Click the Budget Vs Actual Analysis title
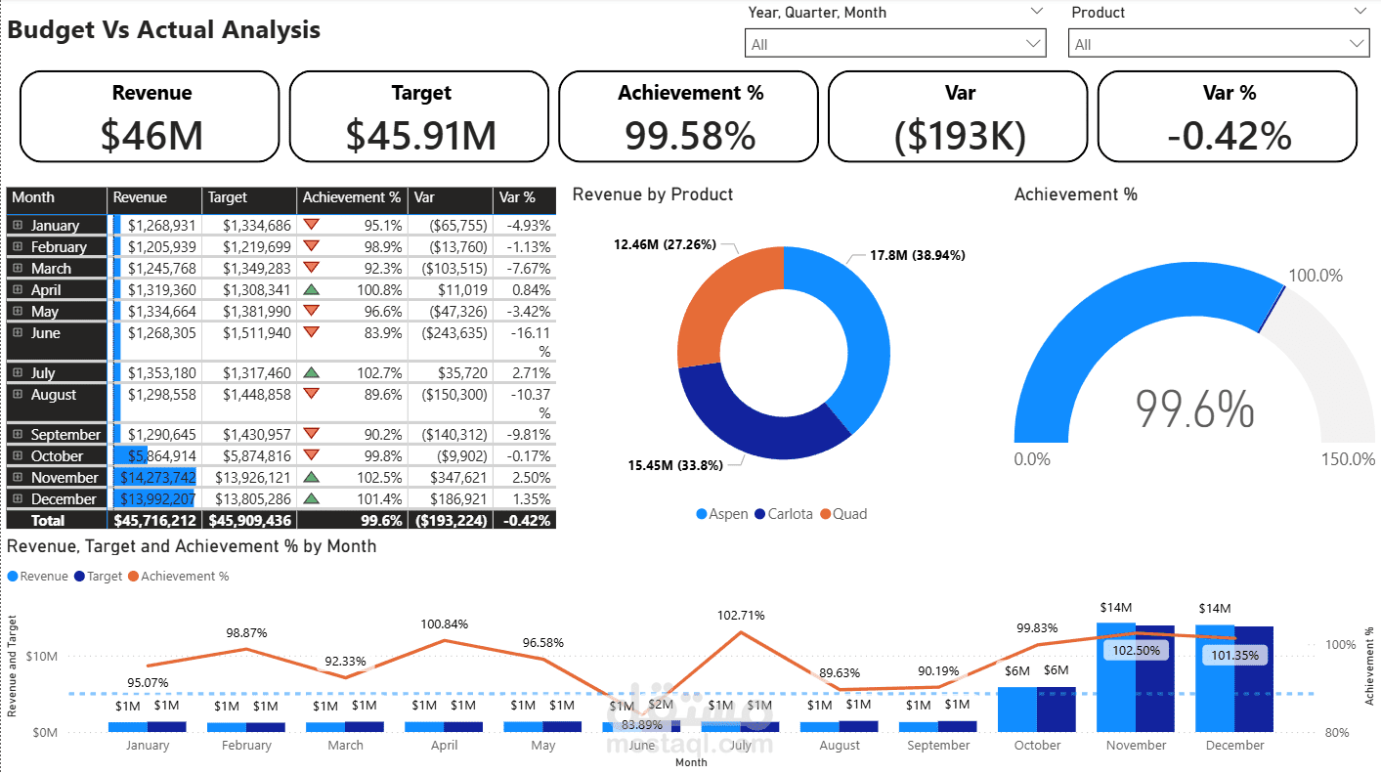[x=164, y=30]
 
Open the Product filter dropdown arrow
[x=1357, y=44]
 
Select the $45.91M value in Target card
[x=420, y=135]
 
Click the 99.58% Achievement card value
[x=689, y=135]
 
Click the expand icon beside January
[x=18, y=226]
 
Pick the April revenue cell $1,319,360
[x=161, y=290]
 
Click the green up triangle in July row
[x=312, y=372]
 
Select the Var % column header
[x=517, y=197]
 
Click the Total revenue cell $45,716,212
[x=155, y=521]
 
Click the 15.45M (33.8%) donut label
[x=674, y=465]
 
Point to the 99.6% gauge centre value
[x=1194, y=409]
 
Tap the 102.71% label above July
[x=740, y=616]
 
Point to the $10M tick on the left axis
[x=41, y=656]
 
